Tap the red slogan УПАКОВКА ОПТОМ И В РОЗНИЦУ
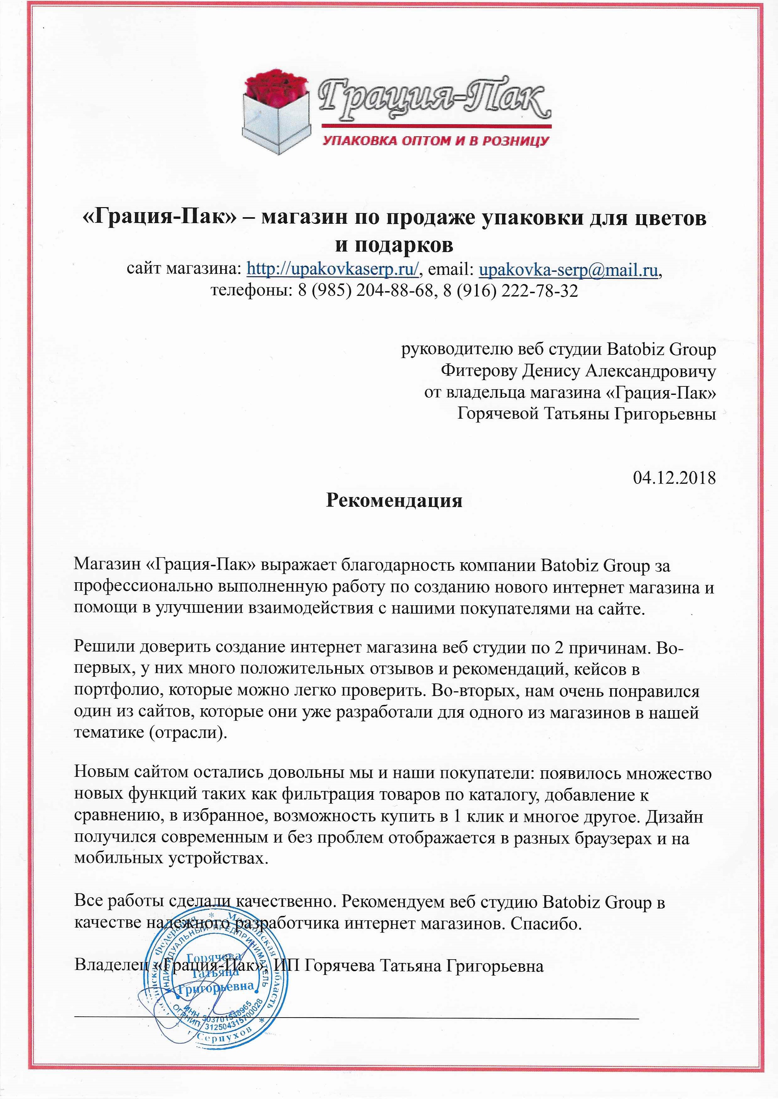(436, 141)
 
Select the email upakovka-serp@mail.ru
(569, 270)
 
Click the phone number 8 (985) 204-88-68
(365, 290)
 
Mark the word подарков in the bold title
(394, 245)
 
